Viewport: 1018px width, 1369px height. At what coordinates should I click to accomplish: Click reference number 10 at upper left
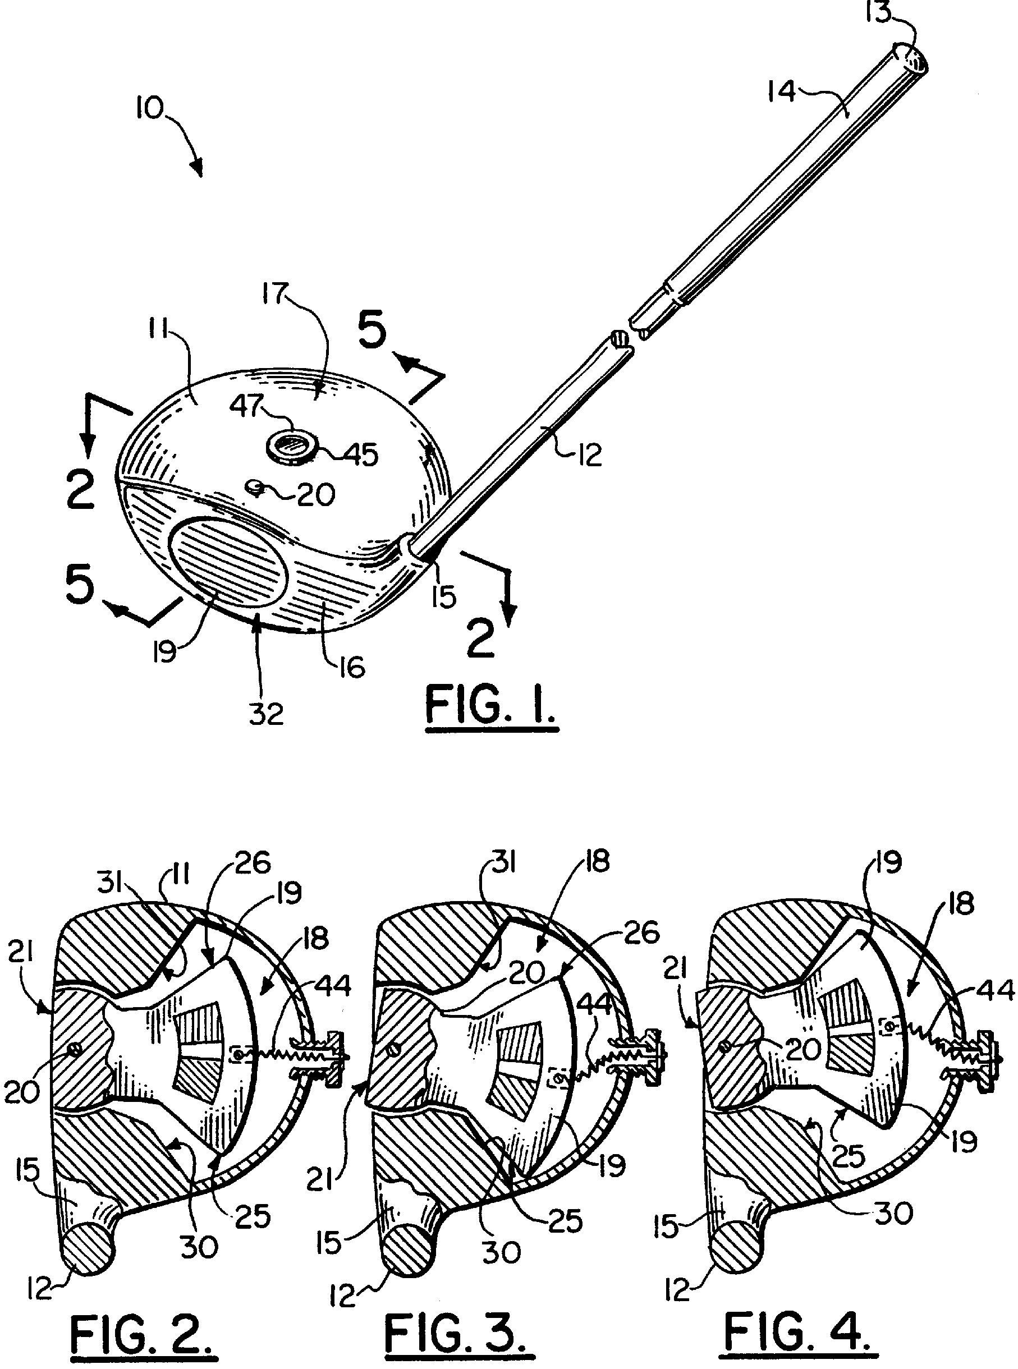pos(148,109)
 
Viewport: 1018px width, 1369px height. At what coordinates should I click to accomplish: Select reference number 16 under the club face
pos(352,667)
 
